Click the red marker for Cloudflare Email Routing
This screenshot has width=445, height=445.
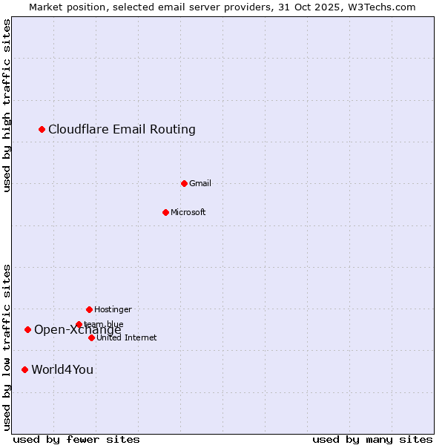(42, 130)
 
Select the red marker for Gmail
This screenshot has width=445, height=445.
(184, 183)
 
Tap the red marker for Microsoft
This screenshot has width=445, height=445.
(165, 212)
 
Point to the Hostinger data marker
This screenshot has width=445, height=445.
(89, 309)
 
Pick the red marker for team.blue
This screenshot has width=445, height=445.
(79, 324)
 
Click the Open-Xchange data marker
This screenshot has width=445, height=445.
(27, 329)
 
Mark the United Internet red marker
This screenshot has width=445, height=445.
(91, 337)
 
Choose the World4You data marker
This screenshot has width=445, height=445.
(24, 369)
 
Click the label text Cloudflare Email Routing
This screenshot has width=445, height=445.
(122, 130)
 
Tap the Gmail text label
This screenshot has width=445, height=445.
(200, 183)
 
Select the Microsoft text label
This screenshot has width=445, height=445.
(188, 212)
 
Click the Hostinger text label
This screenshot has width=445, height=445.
(113, 309)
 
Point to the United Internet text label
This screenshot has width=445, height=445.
(126, 337)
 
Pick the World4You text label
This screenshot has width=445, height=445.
(62, 369)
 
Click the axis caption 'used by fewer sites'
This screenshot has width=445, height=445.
(76, 439)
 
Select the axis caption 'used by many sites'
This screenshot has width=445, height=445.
(372, 439)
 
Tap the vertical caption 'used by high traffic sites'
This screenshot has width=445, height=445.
(7, 105)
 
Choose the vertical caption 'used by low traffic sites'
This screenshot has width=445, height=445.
(7, 346)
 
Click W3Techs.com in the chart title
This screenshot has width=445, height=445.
(378, 7)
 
